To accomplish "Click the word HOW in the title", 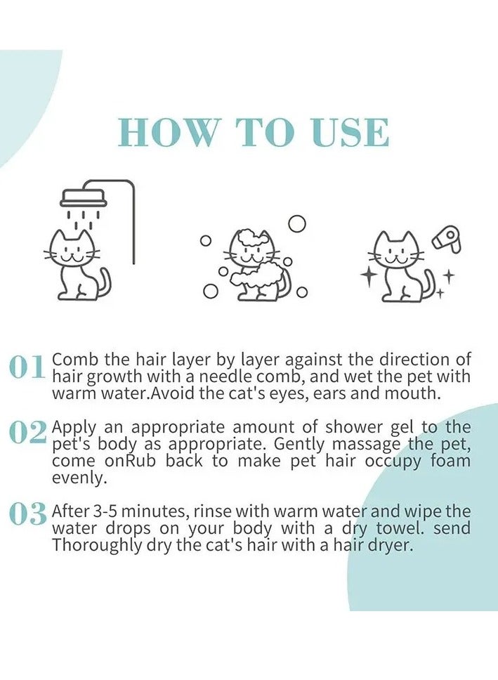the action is point(167,132).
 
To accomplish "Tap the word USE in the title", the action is point(350,132).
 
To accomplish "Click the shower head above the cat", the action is point(84,198).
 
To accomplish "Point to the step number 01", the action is point(27,367).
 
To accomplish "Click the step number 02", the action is point(27,431).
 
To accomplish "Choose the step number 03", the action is point(27,514).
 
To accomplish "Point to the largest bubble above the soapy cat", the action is point(297,224).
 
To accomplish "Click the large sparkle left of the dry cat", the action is point(368,276).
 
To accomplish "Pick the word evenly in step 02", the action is point(79,478).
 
